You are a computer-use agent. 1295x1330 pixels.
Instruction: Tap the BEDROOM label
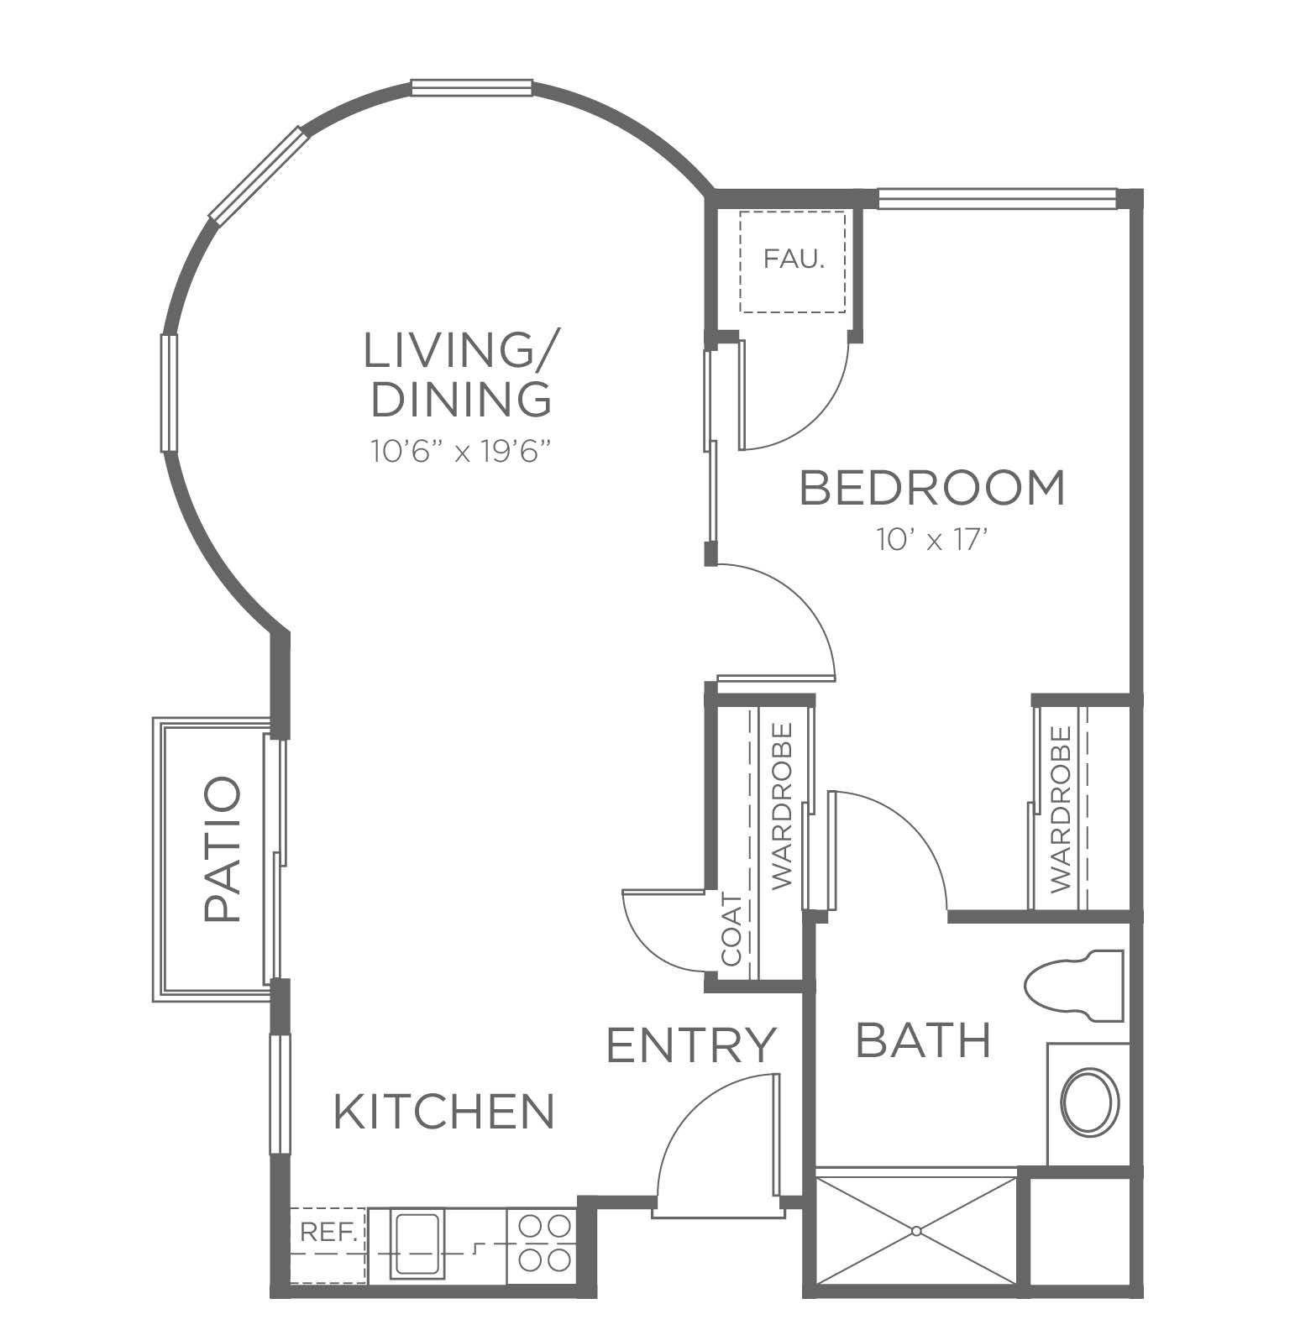932,488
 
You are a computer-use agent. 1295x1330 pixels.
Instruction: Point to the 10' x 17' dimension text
930,541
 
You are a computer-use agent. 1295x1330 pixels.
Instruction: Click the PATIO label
223,850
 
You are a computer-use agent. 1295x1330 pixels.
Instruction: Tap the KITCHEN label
444,1111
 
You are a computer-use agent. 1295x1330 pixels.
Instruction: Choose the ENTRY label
690,1045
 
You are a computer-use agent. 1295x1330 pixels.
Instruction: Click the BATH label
923,1040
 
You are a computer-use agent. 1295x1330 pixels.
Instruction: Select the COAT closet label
731,929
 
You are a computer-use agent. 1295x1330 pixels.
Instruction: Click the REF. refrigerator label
329,1233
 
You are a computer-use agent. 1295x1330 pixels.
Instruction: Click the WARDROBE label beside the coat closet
782,805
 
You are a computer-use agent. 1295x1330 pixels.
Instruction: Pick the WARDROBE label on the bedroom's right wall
1061,809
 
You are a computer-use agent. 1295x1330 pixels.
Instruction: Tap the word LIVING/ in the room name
459,351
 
